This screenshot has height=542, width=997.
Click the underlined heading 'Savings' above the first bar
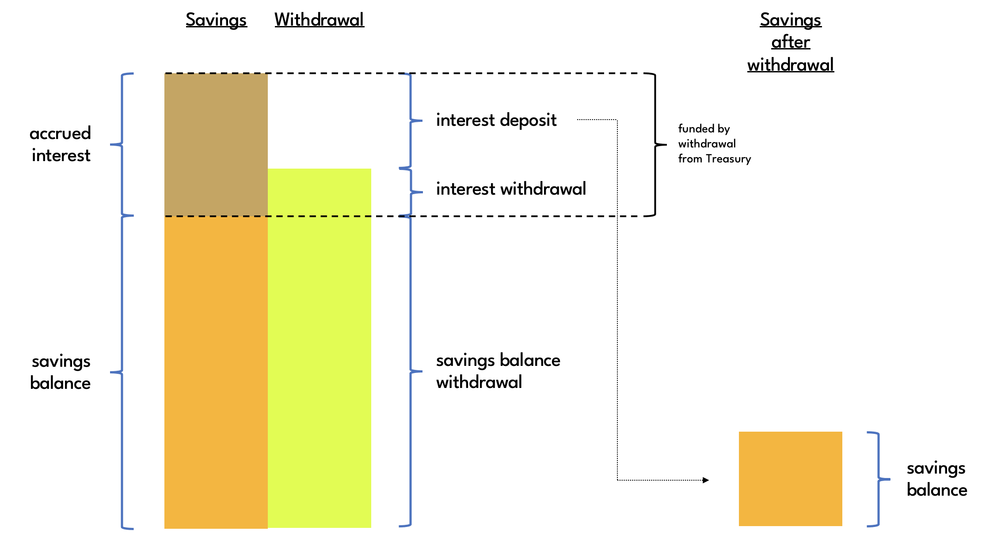tap(216, 20)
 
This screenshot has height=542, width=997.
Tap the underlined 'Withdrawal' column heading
tap(319, 20)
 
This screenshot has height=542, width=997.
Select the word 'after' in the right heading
tap(791, 42)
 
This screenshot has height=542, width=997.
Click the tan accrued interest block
tap(216, 144)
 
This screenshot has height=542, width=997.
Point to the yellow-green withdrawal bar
tap(319, 349)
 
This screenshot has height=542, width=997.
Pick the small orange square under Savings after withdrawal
tap(790, 478)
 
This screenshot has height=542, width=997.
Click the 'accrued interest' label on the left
tap(61, 144)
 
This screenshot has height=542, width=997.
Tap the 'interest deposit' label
tap(496, 120)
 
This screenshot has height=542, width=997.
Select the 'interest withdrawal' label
tap(511, 189)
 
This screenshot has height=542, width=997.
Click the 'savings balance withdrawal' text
tap(498, 371)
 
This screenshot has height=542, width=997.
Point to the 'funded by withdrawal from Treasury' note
tap(714, 143)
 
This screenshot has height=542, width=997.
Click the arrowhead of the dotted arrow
tap(706, 480)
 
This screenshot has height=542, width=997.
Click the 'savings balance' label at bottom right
tap(936, 479)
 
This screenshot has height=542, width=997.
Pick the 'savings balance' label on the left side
tap(61, 372)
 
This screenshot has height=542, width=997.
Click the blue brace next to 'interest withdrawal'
tap(411, 192)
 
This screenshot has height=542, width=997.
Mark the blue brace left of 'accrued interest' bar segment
tap(122, 144)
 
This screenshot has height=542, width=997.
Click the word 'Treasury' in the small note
tap(728, 159)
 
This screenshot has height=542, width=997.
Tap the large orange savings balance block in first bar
tap(216, 372)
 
